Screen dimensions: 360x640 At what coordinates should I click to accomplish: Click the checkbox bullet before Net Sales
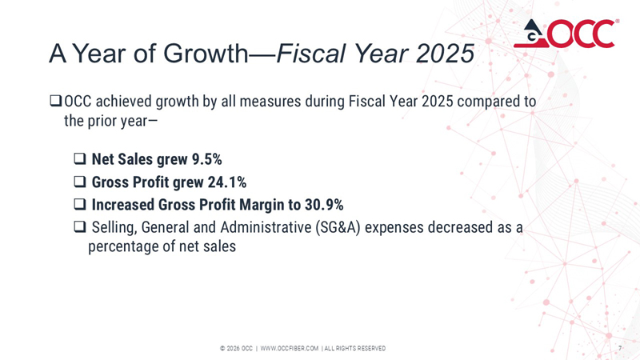point(79,158)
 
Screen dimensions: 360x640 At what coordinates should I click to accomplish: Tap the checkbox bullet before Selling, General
point(79,227)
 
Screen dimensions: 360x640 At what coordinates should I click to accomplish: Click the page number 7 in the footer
point(621,348)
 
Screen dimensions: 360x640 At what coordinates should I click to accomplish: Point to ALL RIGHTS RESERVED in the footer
point(354,348)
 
